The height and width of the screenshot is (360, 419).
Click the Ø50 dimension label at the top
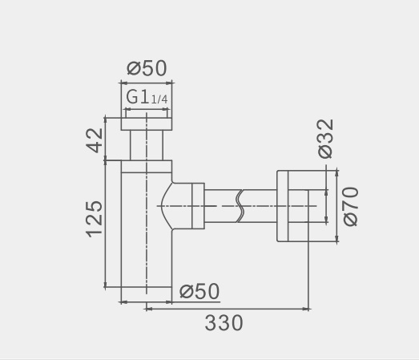click(147, 68)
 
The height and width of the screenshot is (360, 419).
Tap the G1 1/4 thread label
click(147, 97)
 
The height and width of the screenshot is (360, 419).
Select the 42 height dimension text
click(95, 140)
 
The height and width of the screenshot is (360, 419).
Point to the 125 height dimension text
click(94, 219)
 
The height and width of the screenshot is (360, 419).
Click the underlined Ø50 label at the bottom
click(199, 292)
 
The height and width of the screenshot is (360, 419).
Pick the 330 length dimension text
click(224, 323)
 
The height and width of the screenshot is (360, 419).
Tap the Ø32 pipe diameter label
click(326, 139)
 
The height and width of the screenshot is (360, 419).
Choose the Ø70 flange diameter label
click(350, 207)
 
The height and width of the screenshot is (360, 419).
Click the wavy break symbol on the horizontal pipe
click(240, 206)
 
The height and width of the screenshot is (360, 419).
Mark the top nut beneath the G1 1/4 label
click(147, 124)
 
